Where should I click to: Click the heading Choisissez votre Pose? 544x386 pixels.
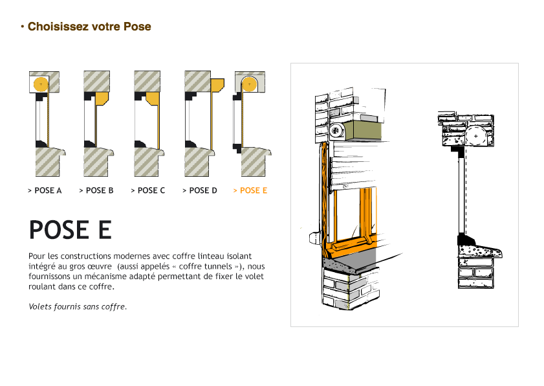(x=89, y=27)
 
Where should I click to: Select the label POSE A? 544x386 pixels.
(x=45, y=190)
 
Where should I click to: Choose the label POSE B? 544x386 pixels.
(x=96, y=190)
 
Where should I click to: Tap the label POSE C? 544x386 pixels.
(x=148, y=190)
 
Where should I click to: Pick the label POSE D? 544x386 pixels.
(x=200, y=190)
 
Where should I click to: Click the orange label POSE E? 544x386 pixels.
(x=250, y=190)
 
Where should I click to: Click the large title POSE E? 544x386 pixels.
(x=70, y=231)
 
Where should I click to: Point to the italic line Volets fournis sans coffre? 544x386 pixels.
(x=78, y=306)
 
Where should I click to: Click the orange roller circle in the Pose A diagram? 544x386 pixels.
(x=41, y=84)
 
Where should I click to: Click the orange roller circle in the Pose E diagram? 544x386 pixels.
(x=250, y=84)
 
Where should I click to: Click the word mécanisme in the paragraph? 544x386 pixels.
(x=138, y=277)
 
